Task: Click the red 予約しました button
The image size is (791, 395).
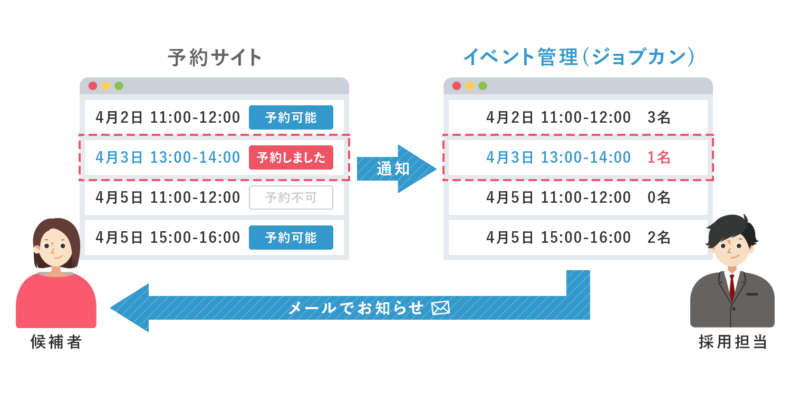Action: (291, 157)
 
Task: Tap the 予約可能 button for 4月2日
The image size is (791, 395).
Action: (291, 117)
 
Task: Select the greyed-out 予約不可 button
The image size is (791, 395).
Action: (291, 197)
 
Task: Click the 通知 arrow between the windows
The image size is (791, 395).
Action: (396, 169)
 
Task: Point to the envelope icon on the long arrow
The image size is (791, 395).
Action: (441, 308)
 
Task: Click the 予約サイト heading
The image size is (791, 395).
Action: (215, 57)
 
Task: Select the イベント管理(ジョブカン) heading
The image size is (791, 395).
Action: (579, 57)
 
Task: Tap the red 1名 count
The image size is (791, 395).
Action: (659, 157)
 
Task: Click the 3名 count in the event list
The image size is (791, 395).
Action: (659, 117)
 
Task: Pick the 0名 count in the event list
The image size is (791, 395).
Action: (659, 197)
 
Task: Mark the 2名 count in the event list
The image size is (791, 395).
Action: (659, 238)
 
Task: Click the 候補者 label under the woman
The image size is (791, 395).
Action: (56, 342)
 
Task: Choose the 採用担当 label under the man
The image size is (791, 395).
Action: (733, 342)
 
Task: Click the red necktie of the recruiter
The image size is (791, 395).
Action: (732, 287)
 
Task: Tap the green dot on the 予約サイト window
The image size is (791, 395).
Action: (119, 86)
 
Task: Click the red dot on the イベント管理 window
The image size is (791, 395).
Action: (457, 86)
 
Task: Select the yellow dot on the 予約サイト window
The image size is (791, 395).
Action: (106, 86)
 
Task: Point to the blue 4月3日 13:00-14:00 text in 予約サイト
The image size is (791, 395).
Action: (168, 157)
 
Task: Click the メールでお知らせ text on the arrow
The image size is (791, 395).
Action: (355, 308)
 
